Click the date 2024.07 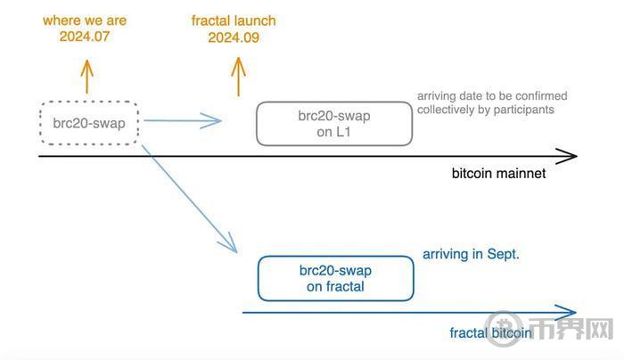[x=85, y=37]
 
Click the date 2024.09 [x=234, y=37]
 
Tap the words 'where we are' [x=85, y=20]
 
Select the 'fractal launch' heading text [x=234, y=20]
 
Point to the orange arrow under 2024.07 [x=86, y=77]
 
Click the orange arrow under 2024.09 [x=238, y=77]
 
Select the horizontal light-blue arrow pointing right [x=182, y=120]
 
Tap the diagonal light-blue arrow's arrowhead [x=230, y=244]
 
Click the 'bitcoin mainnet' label [x=498, y=174]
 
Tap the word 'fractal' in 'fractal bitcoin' [x=468, y=333]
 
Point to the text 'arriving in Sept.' [x=472, y=254]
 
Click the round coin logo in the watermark [x=504, y=329]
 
